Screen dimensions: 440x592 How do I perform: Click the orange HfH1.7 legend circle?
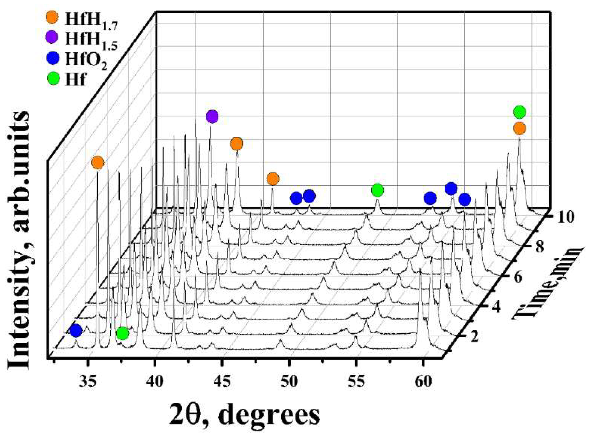52,17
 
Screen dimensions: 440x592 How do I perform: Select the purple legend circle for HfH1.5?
52,37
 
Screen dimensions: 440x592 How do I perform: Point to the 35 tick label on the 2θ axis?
88,381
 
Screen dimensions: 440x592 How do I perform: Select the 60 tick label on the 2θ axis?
423,381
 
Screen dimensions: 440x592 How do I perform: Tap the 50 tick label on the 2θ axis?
289,381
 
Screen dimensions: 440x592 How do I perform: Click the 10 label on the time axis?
565,217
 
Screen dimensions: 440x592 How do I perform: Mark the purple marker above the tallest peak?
212,116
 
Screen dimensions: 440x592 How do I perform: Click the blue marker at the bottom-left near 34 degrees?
76,330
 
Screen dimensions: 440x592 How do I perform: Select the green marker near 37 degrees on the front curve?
122,333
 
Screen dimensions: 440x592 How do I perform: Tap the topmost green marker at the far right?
519,112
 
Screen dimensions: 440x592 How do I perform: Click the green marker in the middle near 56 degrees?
377,190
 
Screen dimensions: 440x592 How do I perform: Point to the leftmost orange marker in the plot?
98,162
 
